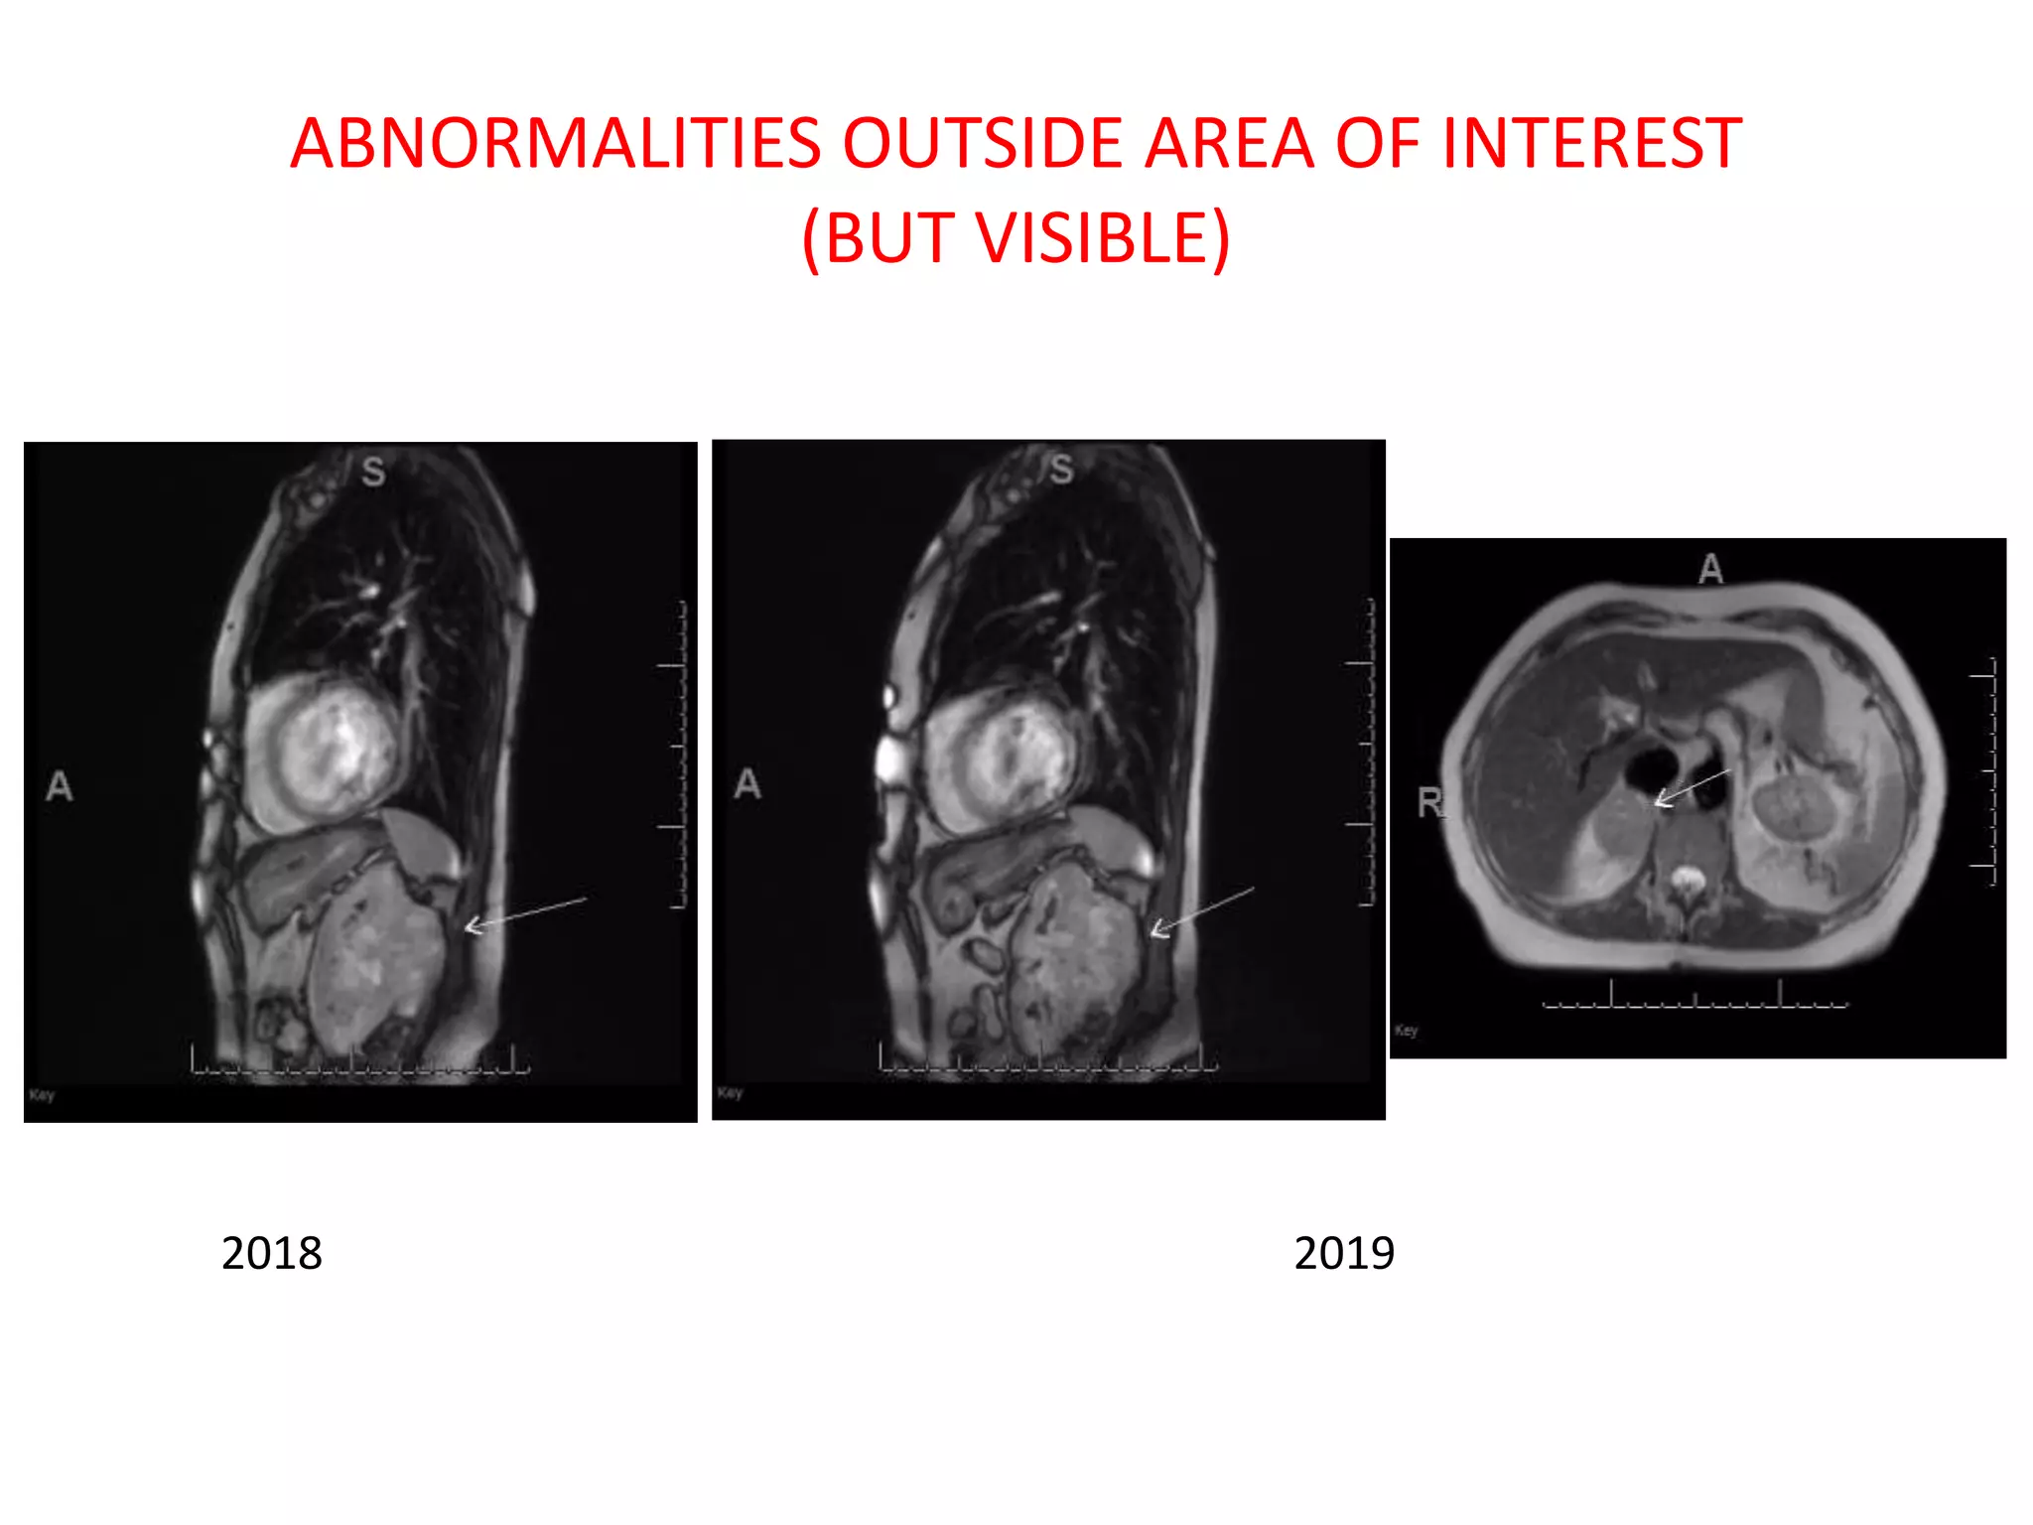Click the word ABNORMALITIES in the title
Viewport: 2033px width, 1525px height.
pyautogui.click(x=556, y=143)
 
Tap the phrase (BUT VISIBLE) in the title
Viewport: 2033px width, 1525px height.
pyautogui.click(x=1016, y=238)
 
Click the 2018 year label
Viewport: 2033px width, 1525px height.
pyautogui.click(x=271, y=1253)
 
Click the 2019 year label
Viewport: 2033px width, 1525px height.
pyautogui.click(x=1344, y=1253)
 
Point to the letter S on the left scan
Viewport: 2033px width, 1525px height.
pyautogui.click(x=373, y=472)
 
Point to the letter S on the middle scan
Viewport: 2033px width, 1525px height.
pyautogui.click(x=1061, y=469)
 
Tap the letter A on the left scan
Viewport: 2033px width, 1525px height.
pyautogui.click(x=60, y=786)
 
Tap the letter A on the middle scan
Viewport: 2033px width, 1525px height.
pyautogui.click(x=747, y=784)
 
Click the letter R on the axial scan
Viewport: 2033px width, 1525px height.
pyautogui.click(x=1429, y=802)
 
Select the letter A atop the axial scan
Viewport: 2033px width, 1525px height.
pyautogui.click(x=1710, y=569)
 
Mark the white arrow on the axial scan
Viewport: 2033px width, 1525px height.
pyautogui.click(x=1692, y=786)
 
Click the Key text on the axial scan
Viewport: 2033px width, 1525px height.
pyautogui.click(x=1407, y=1031)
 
